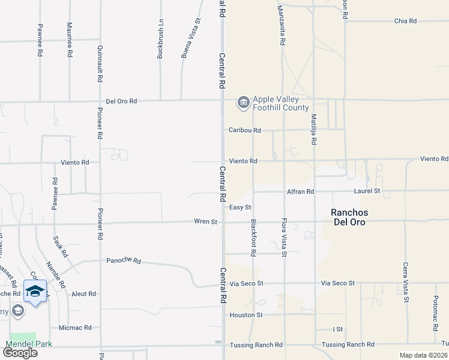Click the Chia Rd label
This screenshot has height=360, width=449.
pyautogui.click(x=405, y=21)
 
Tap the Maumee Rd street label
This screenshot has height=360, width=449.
pyautogui.click(x=70, y=40)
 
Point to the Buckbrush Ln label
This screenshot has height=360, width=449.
pyautogui.click(x=160, y=41)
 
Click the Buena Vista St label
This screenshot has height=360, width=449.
pyautogui.click(x=191, y=38)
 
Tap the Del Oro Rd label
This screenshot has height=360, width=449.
pyautogui.click(x=122, y=101)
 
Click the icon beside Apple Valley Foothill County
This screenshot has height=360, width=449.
pyautogui.click(x=243, y=104)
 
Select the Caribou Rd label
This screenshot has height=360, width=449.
pyautogui.click(x=245, y=130)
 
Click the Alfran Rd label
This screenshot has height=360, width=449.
pyautogui.click(x=301, y=192)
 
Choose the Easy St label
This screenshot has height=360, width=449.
pyautogui.click(x=240, y=208)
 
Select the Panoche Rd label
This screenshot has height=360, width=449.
pyautogui.click(x=124, y=261)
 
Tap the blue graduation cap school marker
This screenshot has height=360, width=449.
pyautogui.click(x=35, y=291)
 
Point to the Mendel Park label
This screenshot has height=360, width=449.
pyautogui.click(x=29, y=344)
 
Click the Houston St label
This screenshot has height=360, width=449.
pyautogui.click(x=246, y=314)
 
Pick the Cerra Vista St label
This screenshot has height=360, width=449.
pyautogui.click(x=406, y=282)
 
